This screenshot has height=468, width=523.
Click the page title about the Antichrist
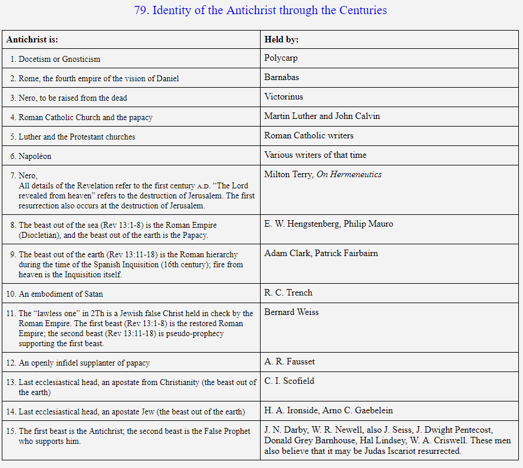coord(261,10)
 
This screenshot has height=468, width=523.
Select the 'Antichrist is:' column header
coord(32,39)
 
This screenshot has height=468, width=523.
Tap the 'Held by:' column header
coord(281,39)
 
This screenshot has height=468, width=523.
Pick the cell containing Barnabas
coord(282,77)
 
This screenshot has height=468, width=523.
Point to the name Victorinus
coord(284,97)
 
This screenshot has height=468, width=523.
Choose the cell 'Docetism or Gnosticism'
coord(59,59)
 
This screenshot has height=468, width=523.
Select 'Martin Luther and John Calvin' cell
coord(322,116)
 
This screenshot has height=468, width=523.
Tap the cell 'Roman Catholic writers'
coord(309,135)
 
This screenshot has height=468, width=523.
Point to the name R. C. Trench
coord(288,293)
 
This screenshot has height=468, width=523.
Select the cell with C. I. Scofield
coord(290,381)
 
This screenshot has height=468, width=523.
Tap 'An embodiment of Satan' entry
coord(61,294)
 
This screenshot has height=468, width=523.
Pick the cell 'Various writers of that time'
coord(315,155)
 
